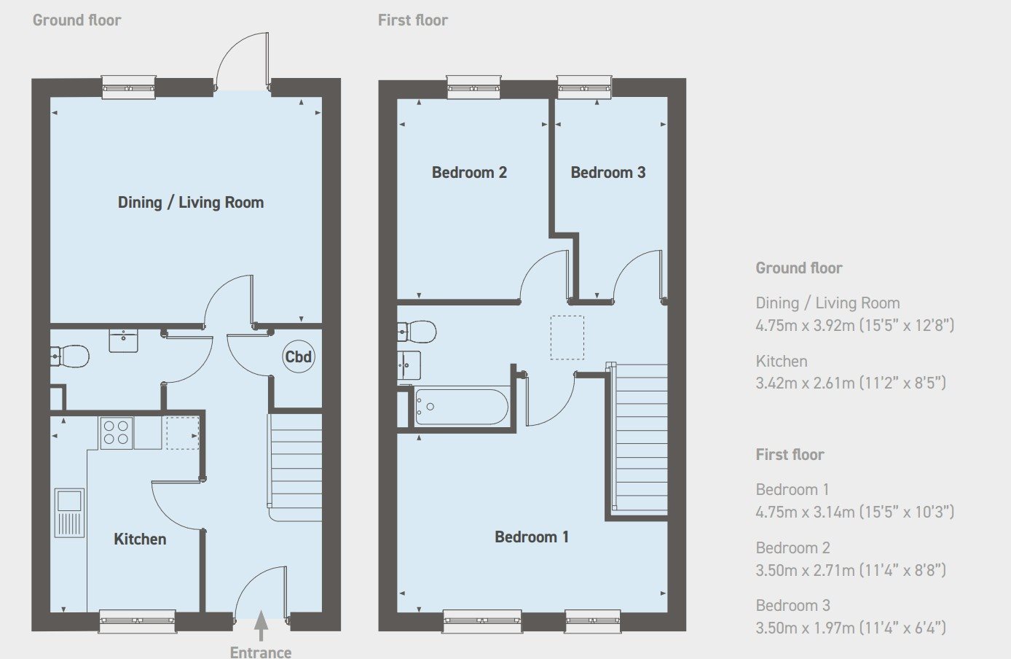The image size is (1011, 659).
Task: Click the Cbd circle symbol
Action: [x=299, y=356]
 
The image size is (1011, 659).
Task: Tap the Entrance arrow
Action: [x=261, y=625]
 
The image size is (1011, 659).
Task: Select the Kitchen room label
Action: [x=140, y=539]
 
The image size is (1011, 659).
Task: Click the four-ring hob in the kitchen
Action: [x=116, y=433]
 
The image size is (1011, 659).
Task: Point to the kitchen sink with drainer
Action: [x=69, y=512]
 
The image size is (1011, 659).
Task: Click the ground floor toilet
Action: [x=69, y=356]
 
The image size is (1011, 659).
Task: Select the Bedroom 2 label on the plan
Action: [x=469, y=173]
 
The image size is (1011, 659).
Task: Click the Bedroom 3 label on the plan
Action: [x=608, y=173]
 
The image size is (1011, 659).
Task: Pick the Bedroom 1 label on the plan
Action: [x=532, y=537]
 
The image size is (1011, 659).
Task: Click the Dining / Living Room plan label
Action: [x=191, y=203]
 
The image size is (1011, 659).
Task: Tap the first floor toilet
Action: [x=417, y=332]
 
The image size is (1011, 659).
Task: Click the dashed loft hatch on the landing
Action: [x=567, y=338]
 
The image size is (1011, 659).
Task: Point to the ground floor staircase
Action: [x=296, y=467]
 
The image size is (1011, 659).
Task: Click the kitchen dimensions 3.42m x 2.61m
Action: [x=851, y=383]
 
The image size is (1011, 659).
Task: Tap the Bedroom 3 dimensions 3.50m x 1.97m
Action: [x=851, y=628]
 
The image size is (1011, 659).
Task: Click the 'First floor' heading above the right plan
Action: [x=412, y=20]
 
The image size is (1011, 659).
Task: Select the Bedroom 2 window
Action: [x=474, y=87]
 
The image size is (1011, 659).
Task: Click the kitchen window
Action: [x=137, y=622]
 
